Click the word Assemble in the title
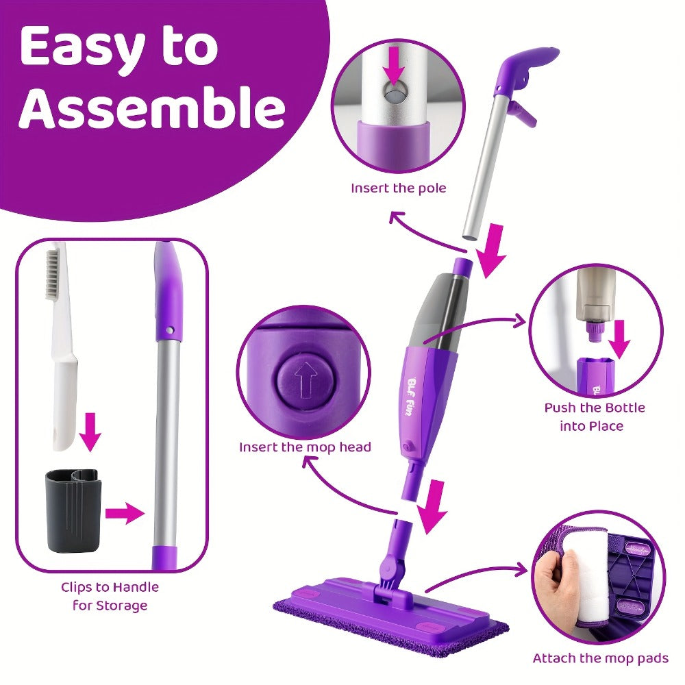(x=151, y=107)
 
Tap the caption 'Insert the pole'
(x=399, y=188)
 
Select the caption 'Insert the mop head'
(x=305, y=447)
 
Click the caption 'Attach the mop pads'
(x=600, y=658)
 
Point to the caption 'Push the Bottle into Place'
(x=594, y=416)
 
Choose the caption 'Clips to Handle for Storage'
(x=110, y=597)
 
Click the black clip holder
(x=73, y=511)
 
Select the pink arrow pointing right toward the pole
(x=125, y=513)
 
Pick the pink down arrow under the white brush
(x=90, y=432)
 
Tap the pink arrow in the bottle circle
(x=619, y=339)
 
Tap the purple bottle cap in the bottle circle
(x=594, y=332)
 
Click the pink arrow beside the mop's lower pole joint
(x=432, y=506)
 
